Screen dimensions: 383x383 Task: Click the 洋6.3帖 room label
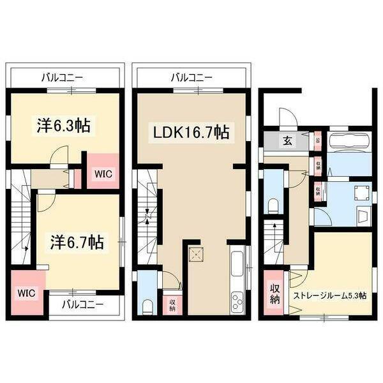pyautogui.click(x=62, y=126)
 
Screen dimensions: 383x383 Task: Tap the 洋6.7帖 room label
pyautogui.click(x=79, y=243)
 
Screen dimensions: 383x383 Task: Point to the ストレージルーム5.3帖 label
pyautogui.click(x=329, y=296)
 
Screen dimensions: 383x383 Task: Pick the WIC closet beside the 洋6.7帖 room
pyautogui.click(x=26, y=293)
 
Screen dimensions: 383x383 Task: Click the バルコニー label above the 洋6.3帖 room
pyautogui.click(x=62, y=77)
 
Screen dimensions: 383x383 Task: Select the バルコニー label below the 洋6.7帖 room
pyautogui.click(x=82, y=304)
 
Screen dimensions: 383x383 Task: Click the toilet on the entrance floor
pyautogui.click(x=273, y=204)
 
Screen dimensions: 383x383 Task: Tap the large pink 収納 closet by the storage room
pyautogui.click(x=275, y=294)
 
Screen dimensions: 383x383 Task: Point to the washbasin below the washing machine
pyautogui.click(x=363, y=216)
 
